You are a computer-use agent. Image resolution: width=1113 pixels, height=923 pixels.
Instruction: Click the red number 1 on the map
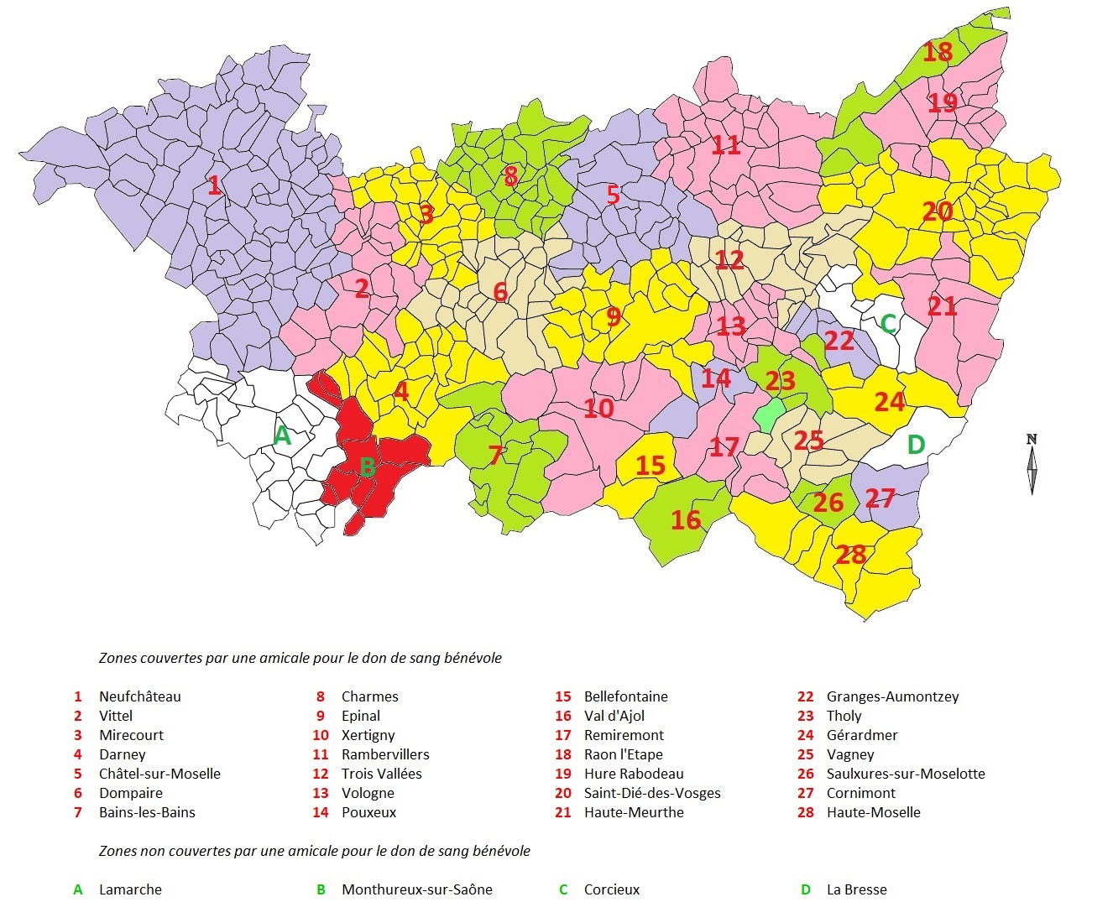[x=215, y=185]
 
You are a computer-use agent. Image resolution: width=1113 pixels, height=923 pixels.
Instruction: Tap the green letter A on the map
[x=282, y=435]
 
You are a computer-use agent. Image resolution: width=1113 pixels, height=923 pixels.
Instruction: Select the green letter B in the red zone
[x=367, y=466]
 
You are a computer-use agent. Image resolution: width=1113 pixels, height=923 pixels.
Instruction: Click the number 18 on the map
[x=938, y=52]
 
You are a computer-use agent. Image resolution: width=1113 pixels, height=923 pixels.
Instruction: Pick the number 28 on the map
[x=850, y=554]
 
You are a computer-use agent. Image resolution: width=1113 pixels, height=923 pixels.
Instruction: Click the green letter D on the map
[x=916, y=444]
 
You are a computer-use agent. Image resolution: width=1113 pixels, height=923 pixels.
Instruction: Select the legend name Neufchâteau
[x=139, y=696]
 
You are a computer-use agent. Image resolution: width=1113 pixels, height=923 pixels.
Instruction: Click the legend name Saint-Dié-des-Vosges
[x=652, y=793]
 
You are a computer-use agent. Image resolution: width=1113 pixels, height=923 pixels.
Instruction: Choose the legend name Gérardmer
[x=862, y=735]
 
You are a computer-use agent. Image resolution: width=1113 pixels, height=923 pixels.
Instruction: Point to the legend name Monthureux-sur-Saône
[x=416, y=889]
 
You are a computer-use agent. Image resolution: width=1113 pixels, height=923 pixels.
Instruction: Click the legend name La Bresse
[x=856, y=889]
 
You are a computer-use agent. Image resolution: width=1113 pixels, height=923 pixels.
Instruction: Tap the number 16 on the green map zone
[x=686, y=519]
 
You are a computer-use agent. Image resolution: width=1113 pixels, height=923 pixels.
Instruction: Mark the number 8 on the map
[x=510, y=176]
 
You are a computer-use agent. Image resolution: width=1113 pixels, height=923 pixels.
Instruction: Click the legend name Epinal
[x=360, y=716]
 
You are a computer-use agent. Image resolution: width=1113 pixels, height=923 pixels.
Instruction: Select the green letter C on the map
[x=888, y=323]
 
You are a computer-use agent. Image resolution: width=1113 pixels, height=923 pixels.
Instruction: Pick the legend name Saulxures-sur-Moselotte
[x=906, y=774]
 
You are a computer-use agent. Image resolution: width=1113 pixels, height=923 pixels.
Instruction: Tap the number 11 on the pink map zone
[x=725, y=145]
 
